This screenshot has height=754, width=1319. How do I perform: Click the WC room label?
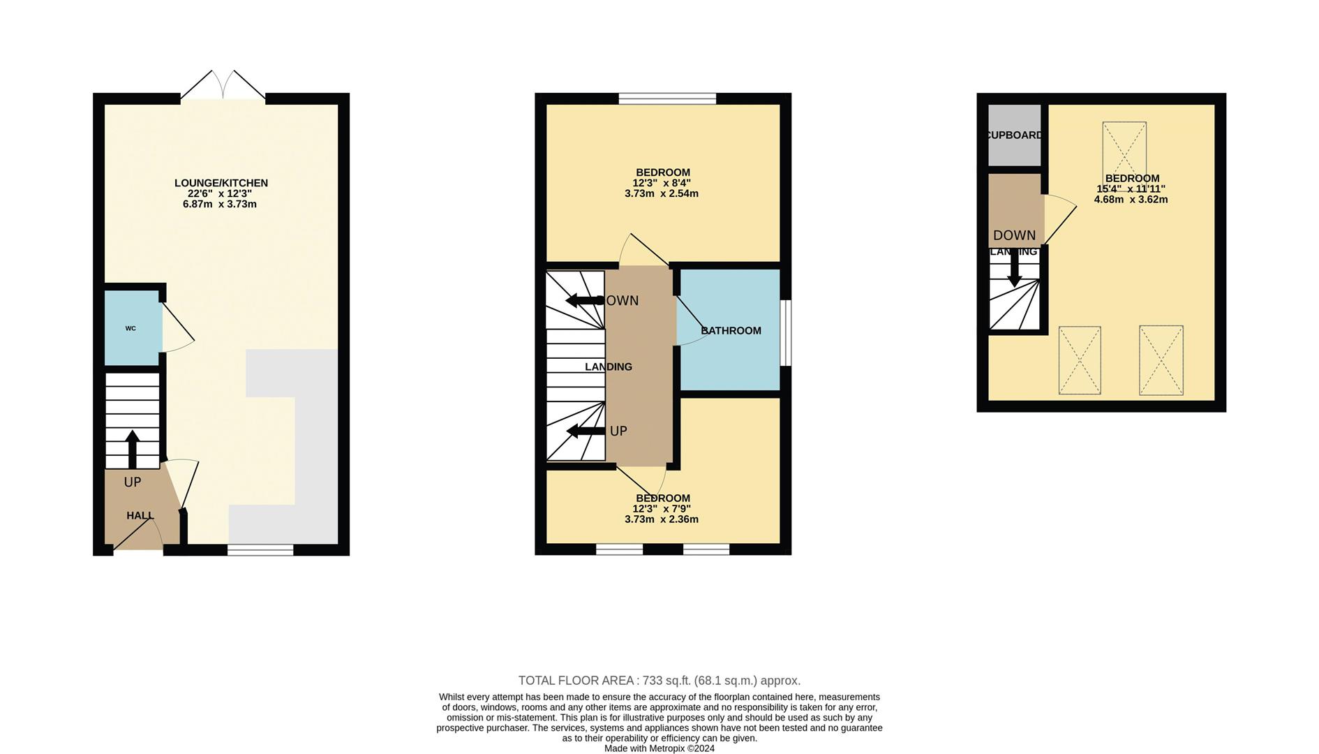pos(131,328)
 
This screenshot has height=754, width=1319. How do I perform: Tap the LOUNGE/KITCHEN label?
pos(221,183)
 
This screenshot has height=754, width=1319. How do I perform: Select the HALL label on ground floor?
pos(140,515)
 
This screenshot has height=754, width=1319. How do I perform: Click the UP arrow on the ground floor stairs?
pos(132,449)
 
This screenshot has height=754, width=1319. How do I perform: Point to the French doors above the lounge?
pos(223,87)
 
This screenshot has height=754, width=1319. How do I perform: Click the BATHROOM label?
pos(731,330)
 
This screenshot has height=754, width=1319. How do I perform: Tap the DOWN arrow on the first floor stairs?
pos(583,300)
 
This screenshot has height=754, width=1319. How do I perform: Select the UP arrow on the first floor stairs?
pos(585,431)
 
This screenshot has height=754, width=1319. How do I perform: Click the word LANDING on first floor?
pos(608,367)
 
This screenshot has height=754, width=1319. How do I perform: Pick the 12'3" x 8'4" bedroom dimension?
pos(661,183)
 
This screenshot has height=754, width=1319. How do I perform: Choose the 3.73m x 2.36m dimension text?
pos(661,519)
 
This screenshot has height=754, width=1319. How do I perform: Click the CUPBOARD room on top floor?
pos(1014,135)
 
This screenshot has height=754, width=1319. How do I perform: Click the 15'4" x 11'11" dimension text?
pos(1131,188)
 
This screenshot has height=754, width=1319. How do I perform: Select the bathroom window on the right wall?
pos(786,332)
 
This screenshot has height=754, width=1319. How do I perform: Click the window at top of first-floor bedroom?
pos(667,98)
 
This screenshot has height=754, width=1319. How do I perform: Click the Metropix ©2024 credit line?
pos(659,748)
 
